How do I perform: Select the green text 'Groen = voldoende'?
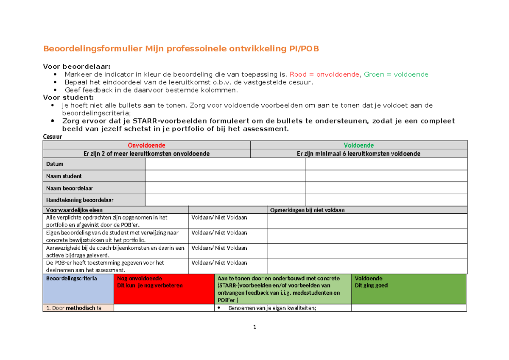(x=396, y=74)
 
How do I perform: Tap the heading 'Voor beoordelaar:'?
(x=77, y=66)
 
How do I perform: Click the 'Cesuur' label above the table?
(x=53, y=137)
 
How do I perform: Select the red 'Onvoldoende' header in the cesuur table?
(x=147, y=145)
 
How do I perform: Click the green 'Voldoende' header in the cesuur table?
(x=359, y=145)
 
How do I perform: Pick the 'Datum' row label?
(x=55, y=164)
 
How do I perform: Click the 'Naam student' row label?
(x=64, y=176)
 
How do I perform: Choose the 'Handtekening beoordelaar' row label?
(x=80, y=200)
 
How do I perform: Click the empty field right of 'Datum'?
(x=225, y=164)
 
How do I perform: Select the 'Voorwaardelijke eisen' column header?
(x=74, y=210)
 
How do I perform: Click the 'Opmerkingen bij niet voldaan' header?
(x=308, y=210)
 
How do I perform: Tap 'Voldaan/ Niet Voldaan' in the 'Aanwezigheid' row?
(x=219, y=248)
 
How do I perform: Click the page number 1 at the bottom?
(x=255, y=327)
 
